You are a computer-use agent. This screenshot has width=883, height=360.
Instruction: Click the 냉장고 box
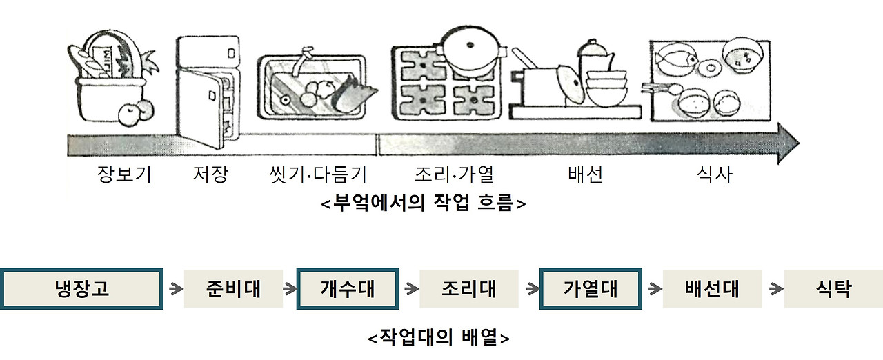[82, 289]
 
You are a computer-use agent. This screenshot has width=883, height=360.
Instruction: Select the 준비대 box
[233, 289]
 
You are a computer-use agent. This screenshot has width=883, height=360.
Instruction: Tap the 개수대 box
[348, 289]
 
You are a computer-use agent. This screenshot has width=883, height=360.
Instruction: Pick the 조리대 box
[469, 289]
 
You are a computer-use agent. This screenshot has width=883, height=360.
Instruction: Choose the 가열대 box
[591, 289]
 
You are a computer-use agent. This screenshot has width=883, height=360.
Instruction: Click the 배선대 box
[712, 289]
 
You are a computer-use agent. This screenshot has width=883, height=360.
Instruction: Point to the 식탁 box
[833, 289]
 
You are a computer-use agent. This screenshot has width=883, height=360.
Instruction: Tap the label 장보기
[125, 175]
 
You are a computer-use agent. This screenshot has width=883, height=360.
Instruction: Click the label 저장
[210, 175]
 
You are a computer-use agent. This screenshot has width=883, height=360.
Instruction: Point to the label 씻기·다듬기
[317, 175]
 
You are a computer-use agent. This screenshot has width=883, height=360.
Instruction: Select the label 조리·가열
[455, 175]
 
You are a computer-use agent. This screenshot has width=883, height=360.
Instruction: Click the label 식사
[713, 175]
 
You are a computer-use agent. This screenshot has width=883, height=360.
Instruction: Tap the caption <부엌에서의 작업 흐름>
[424, 205]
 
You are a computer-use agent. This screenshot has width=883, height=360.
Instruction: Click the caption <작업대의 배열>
[439, 339]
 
